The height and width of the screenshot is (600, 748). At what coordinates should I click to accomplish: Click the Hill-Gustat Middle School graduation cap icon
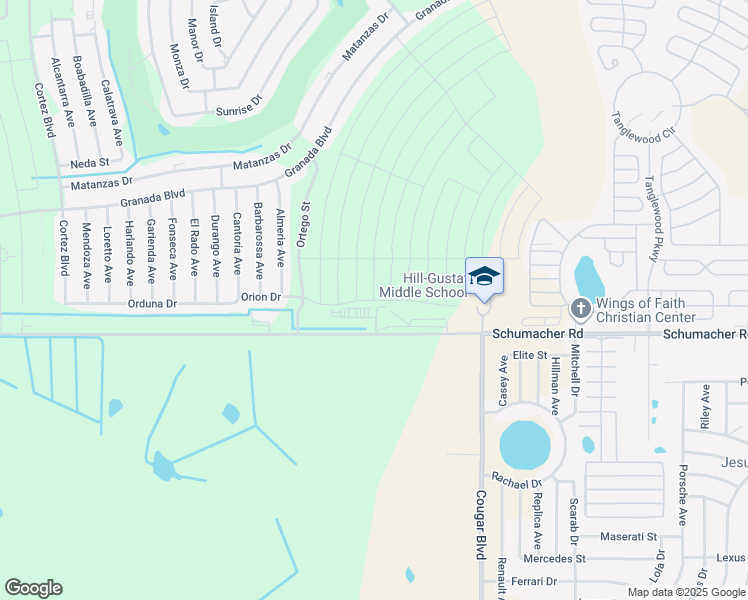[484, 276]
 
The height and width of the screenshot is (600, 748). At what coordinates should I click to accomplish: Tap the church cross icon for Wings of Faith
[579, 309]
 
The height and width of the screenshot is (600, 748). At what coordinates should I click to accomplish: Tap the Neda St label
[89, 163]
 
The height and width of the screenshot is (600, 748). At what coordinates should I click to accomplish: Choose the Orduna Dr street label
[152, 302]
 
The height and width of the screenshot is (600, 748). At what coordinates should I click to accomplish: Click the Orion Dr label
[260, 297]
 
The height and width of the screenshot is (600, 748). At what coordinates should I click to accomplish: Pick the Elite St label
[529, 355]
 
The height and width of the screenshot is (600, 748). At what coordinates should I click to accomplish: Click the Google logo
[33, 588]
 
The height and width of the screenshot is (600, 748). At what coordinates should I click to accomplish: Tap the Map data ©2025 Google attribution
[685, 592]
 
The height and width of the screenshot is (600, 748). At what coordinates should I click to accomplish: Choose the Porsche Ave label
[683, 494]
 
